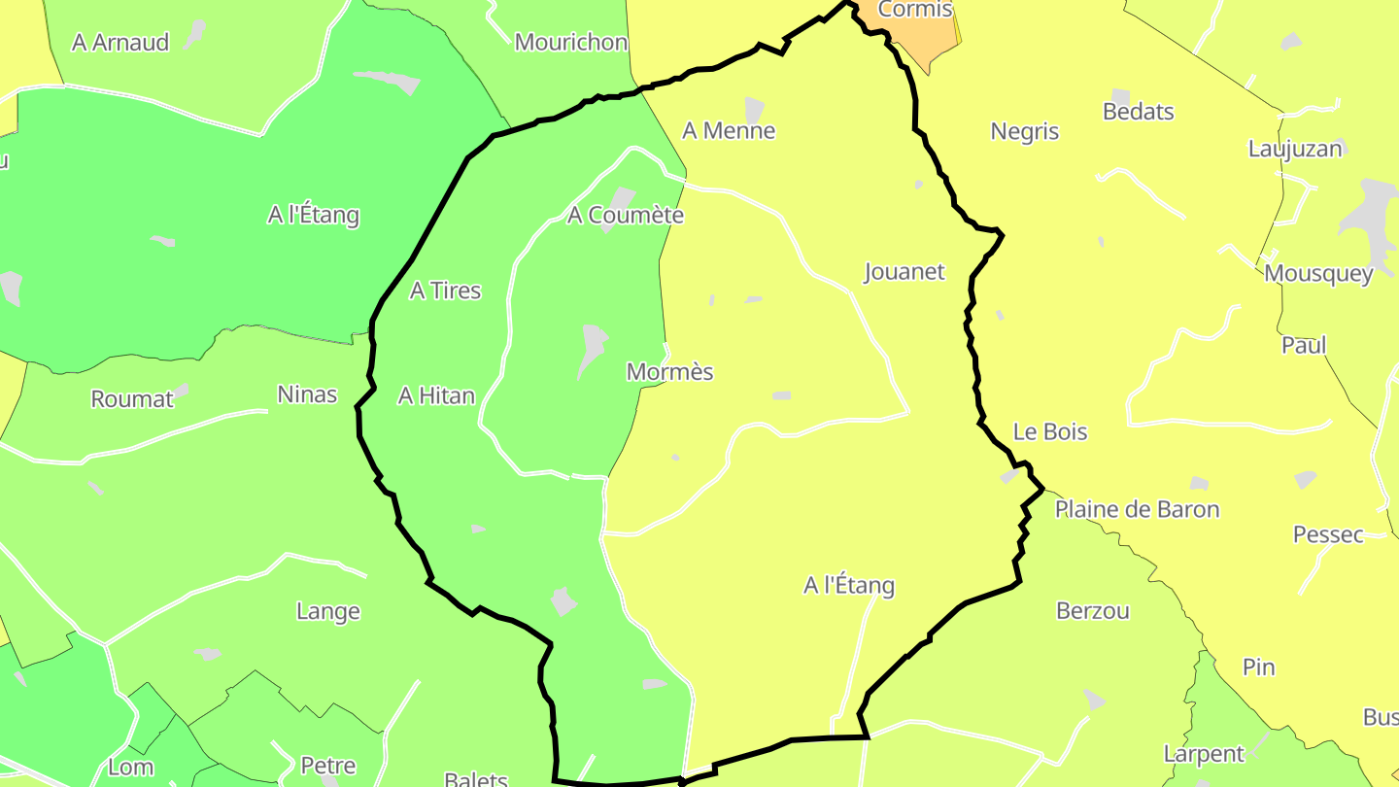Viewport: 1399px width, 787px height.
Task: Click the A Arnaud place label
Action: point(120,43)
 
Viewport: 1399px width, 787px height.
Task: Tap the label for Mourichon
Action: point(571,43)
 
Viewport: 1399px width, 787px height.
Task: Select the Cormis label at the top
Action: point(915,11)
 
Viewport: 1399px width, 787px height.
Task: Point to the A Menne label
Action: point(729,131)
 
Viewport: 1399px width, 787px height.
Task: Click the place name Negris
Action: point(1024,132)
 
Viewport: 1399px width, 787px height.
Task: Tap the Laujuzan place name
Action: point(1295,150)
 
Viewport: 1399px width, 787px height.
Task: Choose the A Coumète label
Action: point(626,216)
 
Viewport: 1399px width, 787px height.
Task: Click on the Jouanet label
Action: point(904,272)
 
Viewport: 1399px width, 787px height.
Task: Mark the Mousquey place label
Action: point(1318,274)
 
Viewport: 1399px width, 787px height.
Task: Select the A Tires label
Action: point(445,291)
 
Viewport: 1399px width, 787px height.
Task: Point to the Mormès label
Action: point(669,372)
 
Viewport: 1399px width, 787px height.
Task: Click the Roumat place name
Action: point(132,399)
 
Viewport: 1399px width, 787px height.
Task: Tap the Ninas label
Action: point(307,394)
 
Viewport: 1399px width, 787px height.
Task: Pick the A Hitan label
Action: point(436,395)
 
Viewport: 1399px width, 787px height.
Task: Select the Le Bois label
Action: point(1049,432)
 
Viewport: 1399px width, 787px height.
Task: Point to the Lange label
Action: point(327,612)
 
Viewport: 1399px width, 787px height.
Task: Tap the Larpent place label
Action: point(1204,754)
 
